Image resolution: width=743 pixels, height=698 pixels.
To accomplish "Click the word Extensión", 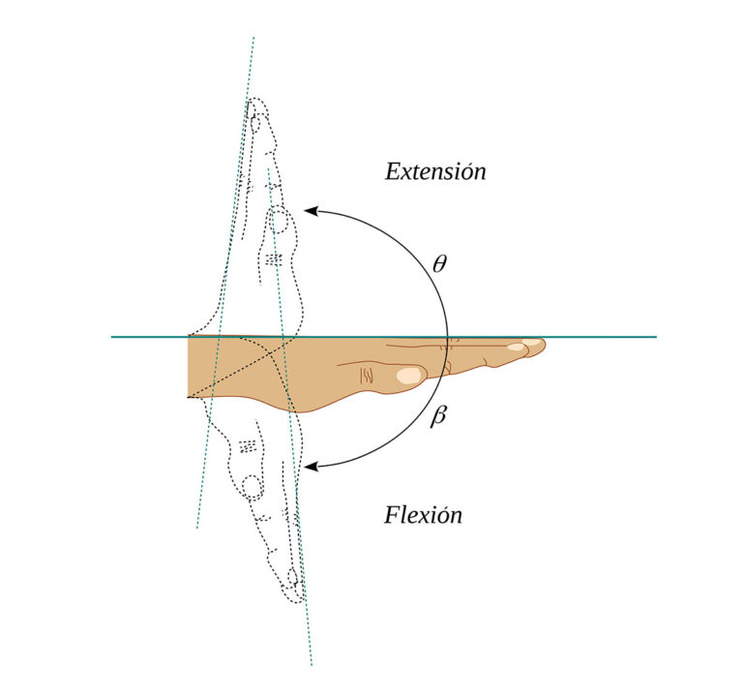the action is click(x=435, y=171).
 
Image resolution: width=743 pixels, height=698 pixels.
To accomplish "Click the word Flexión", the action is click(x=423, y=515).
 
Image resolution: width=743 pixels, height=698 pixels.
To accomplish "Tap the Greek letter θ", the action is click(x=440, y=263).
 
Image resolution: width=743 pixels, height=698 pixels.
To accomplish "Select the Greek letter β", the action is click(x=438, y=416).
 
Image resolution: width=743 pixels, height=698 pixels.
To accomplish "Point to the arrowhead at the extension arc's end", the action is click(x=310, y=211).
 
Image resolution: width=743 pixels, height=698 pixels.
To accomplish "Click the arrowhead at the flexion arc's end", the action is click(x=311, y=467).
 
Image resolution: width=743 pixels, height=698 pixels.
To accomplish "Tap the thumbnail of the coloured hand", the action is click(x=409, y=375).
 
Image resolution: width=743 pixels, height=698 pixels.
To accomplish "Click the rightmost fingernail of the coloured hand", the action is click(x=532, y=342).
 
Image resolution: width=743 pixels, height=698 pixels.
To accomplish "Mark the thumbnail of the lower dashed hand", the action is click(x=252, y=488).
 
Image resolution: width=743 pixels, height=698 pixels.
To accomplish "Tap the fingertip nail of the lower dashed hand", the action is click(x=292, y=577).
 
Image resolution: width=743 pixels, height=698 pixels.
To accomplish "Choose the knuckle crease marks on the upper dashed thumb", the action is click(x=274, y=259).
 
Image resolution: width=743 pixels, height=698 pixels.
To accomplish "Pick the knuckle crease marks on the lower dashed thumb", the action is click(x=248, y=446).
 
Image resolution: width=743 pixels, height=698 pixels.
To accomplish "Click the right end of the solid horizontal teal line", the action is click(x=656, y=337).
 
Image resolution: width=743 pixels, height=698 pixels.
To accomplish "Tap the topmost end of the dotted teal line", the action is click(x=253, y=37).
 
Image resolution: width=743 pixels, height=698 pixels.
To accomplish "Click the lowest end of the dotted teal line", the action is click(x=312, y=665).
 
